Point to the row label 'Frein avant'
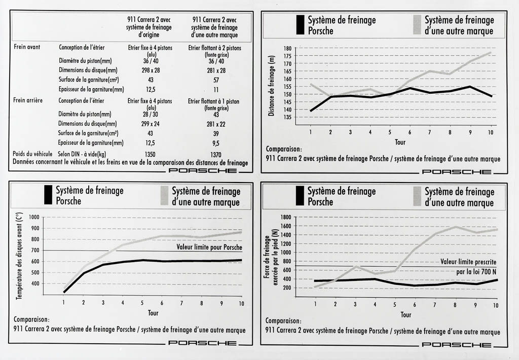pyautogui.click(x=27, y=48)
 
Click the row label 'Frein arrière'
pyautogui.click(x=28, y=100)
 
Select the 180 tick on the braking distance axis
pyautogui.click(x=287, y=49)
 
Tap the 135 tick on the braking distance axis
pyautogui.click(x=287, y=117)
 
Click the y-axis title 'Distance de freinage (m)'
pyautogui.click(x=272, y=83)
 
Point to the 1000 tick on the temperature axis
pyautogui.click(x=34, y=217)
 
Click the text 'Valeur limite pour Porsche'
pyautogui.click(x=209, y=247)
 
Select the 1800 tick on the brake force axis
pyautogui.click(x=284, y=217)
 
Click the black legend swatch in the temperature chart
pyautogui.click(x=48, y=195)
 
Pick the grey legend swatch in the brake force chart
pyautogui.click(x=417, y=195)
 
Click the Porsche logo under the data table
pyautogui.click(x=202, y=170)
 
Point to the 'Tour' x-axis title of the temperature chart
pyautogui.click(x=153, y=312)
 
